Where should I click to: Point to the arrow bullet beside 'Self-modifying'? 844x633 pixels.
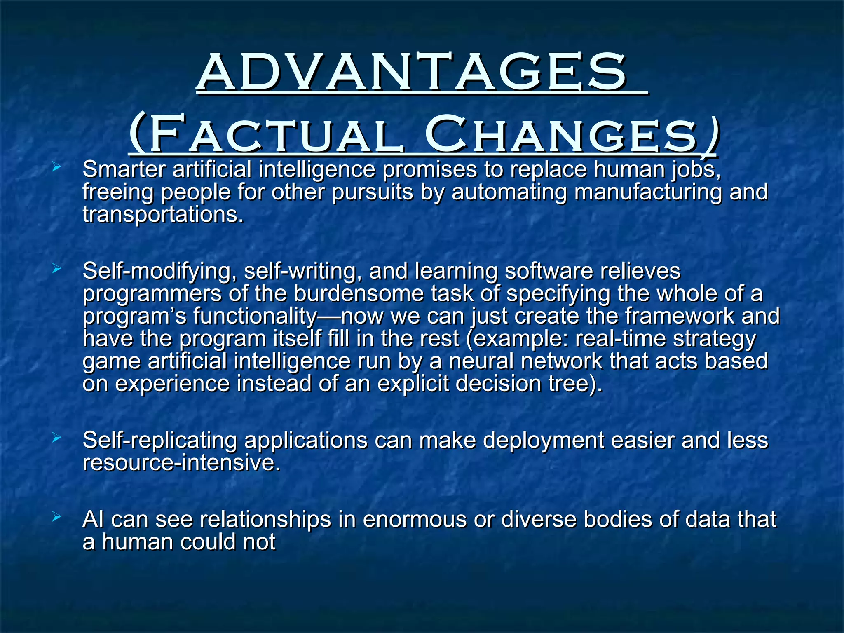[x=56, y=269]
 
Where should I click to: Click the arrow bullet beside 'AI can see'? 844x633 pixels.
[x=56, y=517]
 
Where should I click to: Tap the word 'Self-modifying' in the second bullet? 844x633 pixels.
[x=159, y=272]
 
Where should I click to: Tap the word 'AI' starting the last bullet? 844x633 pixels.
[x=93, y=519]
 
